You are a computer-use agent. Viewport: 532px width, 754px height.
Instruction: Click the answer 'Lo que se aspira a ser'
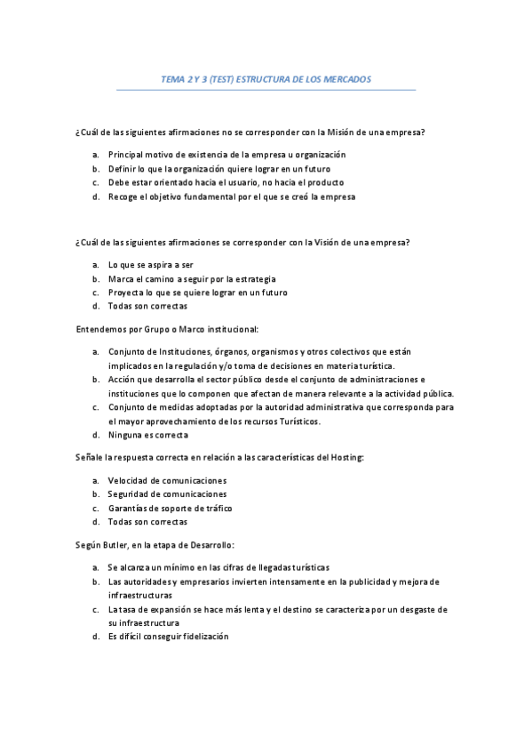point(150,264)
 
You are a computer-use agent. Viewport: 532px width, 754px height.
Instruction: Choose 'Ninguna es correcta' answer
point(147,435)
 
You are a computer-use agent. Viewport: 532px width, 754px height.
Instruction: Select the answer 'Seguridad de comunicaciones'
point(167,493)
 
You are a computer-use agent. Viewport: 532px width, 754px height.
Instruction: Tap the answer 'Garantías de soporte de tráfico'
point(170,508)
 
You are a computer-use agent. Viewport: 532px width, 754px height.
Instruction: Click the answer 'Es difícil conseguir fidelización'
point(168,637)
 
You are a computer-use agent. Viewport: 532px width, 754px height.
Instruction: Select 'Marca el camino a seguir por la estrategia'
point(191,278)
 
